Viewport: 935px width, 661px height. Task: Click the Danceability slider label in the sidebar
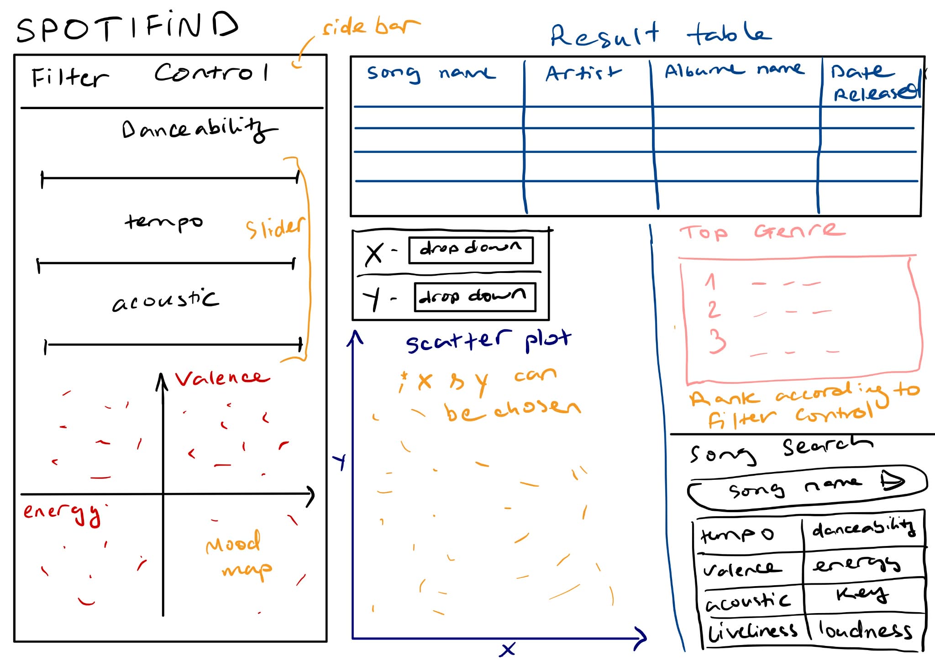click(x=199, y=130)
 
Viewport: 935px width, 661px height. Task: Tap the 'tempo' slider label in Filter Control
click(x=163, y=222)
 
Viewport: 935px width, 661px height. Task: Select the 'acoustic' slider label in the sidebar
click(x=165, y=300)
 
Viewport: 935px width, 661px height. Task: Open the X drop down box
click(x=471, y=250)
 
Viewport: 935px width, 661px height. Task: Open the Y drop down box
click(x=474, y=297)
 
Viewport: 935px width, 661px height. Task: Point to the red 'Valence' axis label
click(x=222, y=378)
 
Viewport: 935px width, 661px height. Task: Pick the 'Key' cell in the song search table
click(x=862, y=594)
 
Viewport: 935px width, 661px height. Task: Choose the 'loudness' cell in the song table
click(x=865, y=630)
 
